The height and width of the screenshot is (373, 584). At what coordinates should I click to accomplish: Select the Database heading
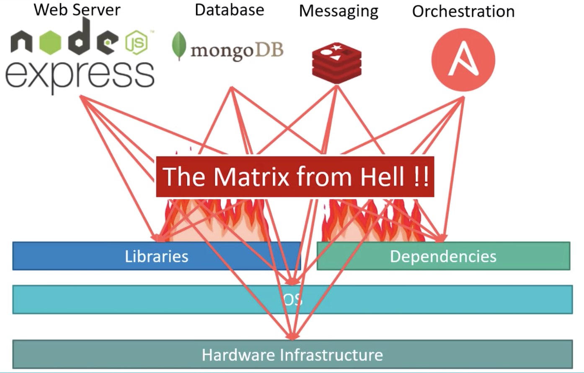pos(229,10)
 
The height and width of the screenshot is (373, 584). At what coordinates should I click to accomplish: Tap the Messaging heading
pos(339,11)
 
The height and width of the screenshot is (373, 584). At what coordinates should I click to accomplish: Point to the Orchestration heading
pos(463,11)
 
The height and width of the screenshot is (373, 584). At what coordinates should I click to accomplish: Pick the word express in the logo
pos(80,75)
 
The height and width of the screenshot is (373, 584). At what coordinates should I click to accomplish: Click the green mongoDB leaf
pos(179,46)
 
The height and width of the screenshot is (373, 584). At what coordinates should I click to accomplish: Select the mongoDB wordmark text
pos(237,50)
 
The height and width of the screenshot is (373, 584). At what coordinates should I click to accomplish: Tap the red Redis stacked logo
pos(336,62)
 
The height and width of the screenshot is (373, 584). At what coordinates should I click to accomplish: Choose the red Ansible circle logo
pos(463,60)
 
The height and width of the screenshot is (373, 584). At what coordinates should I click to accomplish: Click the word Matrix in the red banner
pos(251,176)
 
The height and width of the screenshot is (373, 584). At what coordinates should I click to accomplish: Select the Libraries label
pos(156,256)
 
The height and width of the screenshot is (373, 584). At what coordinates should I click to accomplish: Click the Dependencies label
pos(443,256)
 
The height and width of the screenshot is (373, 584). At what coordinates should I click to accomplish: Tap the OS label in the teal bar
pos(292,299)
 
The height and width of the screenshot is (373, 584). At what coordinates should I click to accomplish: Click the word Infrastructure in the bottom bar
pos(331,355)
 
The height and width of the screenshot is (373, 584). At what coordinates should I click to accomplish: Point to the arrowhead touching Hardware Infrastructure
pos(292,336)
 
